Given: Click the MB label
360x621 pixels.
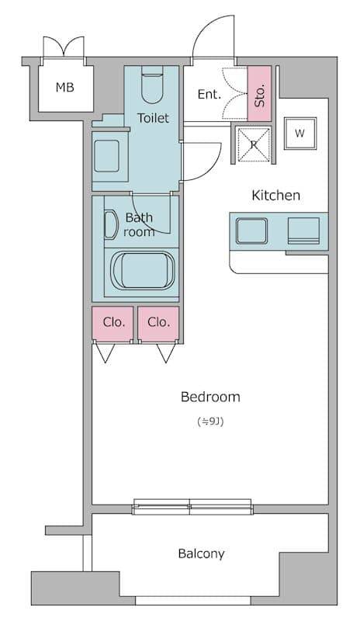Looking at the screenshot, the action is pos(64,87).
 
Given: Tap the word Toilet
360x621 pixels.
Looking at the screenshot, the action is pos(153,118).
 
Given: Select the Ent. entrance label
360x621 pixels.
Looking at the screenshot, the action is pos(209,94).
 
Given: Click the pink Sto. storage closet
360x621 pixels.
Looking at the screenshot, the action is pos(259,93).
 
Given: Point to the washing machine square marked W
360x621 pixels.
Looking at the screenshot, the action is pos(300,134).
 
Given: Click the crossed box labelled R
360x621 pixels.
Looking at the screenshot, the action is pos(254,144).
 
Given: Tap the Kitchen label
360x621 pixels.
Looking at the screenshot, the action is pos(276,196).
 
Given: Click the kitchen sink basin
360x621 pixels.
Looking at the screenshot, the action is pos(251,231).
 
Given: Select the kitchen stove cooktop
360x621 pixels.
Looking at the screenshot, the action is pos(303,230).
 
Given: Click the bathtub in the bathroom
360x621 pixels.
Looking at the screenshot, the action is pos(143,270).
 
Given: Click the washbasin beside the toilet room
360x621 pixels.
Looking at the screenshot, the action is pos(106,156).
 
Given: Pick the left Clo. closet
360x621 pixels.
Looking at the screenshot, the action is pos(112,323).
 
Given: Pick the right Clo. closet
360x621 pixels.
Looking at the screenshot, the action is pos(158,323).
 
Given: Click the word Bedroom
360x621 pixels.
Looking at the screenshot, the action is pos(210,397).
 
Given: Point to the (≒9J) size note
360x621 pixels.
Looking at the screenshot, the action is pos(210,422).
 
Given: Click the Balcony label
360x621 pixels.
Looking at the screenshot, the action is pos(201,553).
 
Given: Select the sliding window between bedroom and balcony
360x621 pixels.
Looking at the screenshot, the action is pos(192,507).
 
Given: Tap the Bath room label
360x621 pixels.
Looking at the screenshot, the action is pos(139,224).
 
